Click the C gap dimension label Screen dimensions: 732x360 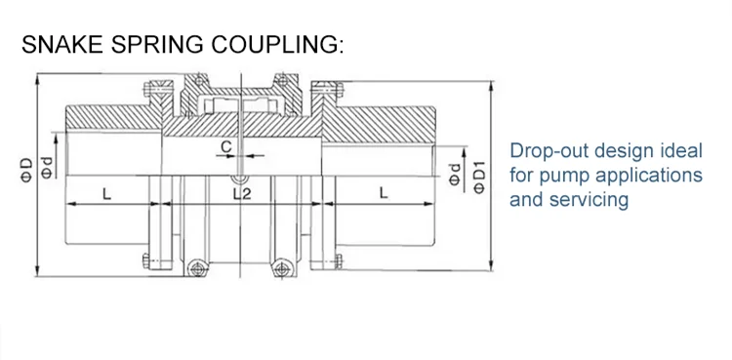[225, 146]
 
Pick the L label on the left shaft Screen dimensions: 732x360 [106, 194]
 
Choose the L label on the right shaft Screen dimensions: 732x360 [385, 194]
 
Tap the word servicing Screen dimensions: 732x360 [589, 201]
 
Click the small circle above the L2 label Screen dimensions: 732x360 [236, 178]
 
